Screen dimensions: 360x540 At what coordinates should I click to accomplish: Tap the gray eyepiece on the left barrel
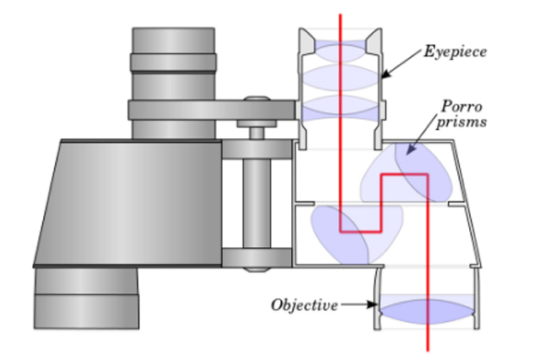click(x=173, y=63)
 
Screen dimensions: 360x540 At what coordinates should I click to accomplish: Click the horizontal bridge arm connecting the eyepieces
click(x=211, y=110)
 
